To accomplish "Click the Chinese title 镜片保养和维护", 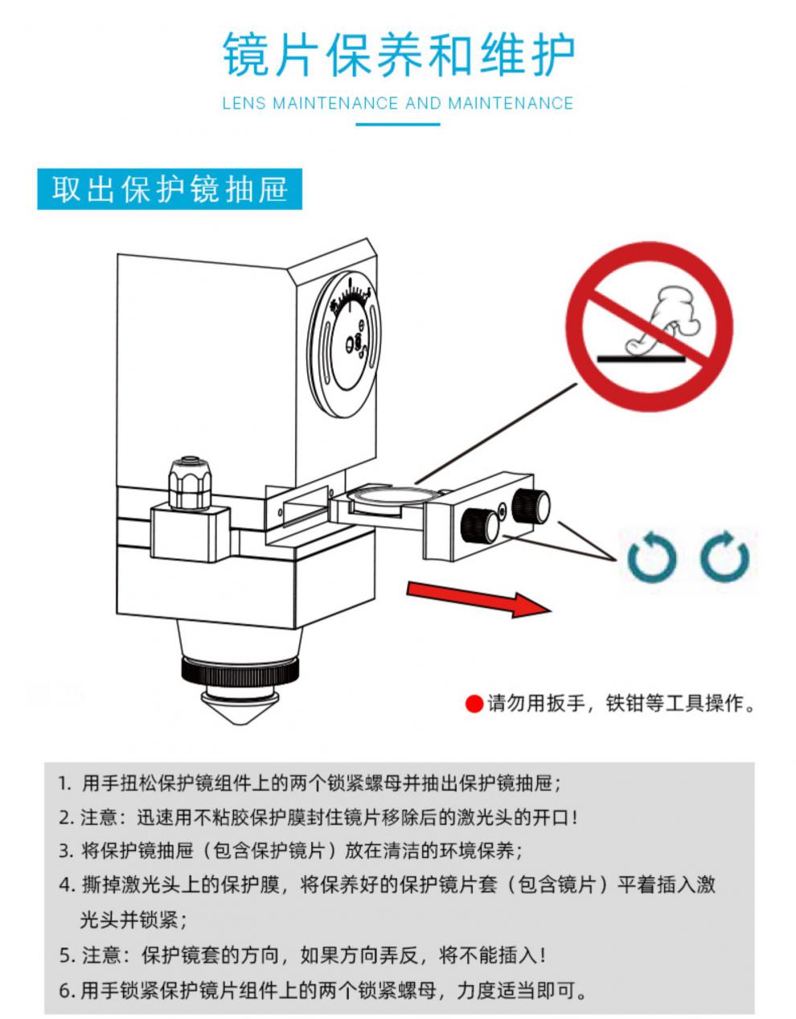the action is (x=399, y=54).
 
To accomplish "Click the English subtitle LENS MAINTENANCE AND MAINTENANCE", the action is (x=398, y=103).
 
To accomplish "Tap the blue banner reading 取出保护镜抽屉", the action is (x=170, y=188).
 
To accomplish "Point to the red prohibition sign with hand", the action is (x=649, y=327).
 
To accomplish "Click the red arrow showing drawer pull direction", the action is (x=479, y=600).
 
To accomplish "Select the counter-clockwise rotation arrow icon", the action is (x=652, y=557).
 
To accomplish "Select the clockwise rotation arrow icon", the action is (x=724, y=557).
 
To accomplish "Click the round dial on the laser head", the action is (x=346, y=345).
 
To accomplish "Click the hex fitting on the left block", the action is (x=190, y=483).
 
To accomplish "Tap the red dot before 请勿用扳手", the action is (x=474, y=704).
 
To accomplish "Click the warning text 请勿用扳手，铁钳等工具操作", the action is (x=622, y=704).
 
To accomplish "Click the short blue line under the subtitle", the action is (x=398, y=125).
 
